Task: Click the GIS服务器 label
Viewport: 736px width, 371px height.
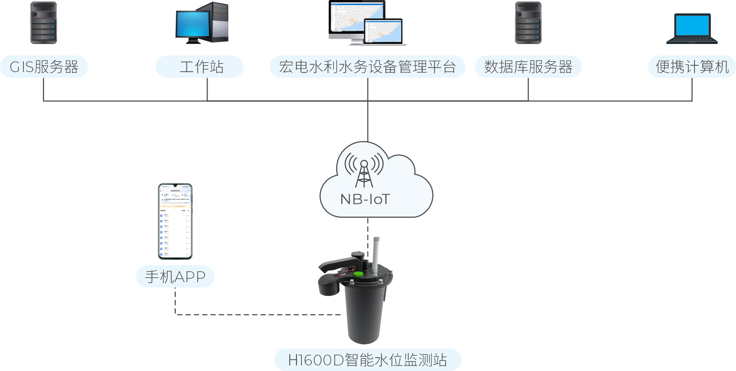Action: point(44,67)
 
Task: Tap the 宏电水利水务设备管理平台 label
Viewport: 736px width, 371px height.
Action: point(367,67)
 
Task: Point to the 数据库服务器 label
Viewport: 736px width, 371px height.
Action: point(528,67)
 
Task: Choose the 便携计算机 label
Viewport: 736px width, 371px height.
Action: point(692,67)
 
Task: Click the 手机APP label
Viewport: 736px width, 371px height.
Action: point(175,276)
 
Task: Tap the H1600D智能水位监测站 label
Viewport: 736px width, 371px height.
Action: point(367,360)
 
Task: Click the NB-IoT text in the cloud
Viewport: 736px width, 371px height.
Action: point(365,199)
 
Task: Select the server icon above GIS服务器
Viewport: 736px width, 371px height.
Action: point(43,22)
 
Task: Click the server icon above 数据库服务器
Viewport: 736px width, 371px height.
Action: point(528,22)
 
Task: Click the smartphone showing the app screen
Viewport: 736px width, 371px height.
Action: point(175,221)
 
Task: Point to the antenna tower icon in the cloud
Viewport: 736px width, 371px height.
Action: point(364,172)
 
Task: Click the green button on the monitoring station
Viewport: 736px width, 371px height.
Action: point(359,274)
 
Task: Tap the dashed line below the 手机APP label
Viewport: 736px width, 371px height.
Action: point(175,302)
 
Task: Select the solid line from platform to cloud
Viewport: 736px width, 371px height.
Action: point(367,120)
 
